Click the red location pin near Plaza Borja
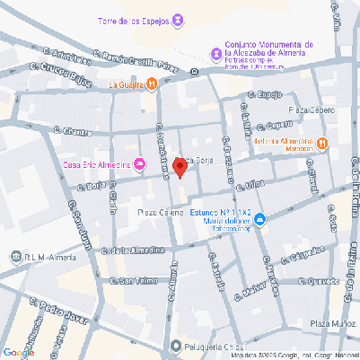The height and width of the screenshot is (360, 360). tap(180, 166)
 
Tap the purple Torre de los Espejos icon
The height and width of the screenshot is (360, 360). tap(179, 19)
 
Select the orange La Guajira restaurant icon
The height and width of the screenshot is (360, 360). tap(152, 84)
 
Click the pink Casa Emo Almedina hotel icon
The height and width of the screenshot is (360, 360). tap(139, 162)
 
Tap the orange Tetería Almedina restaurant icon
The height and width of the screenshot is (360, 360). tap(322, 142)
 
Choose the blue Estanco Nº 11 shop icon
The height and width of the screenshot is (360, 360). tap(259, 219)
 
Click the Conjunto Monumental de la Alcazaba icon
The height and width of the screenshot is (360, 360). tap(215, 55)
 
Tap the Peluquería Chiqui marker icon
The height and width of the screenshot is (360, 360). tap(175, 346)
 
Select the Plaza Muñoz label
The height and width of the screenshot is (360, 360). tap(333, 322)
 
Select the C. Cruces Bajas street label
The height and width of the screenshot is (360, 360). tap(62, 74)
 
